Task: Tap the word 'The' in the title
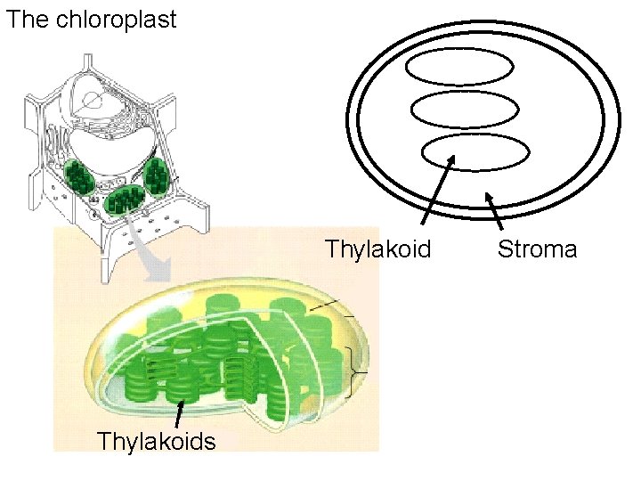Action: click(27, 20)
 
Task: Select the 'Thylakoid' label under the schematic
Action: click(377, 249)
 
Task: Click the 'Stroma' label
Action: click(537, 249)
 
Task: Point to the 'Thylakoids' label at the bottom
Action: click(156, 441)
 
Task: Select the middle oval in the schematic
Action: click(465, 109)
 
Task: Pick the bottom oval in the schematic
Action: click(472, 151)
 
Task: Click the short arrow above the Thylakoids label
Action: click(180, 414)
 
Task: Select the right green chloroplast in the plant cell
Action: click(157, 175)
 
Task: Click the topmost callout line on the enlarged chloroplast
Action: click(324, 305)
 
